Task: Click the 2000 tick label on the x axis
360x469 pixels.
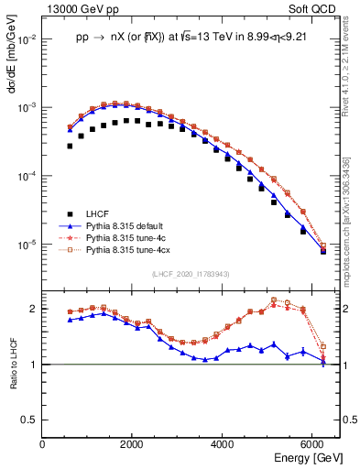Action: (x=132, y=444)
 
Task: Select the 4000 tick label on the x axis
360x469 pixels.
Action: (x=223, y=444)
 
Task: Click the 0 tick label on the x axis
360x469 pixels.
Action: (x=42, y=444)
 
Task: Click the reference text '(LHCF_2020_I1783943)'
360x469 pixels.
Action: (x=191, y=274)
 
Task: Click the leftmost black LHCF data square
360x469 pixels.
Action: (x=70, y=146)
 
